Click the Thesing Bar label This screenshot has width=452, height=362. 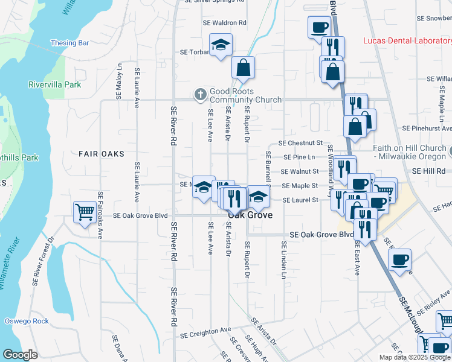tap(70, 43)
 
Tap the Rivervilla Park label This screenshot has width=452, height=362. tap(54, 84)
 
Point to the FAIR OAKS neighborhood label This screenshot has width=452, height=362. tap(102, 154)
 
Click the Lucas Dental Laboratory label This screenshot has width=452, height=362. tap(407, 41)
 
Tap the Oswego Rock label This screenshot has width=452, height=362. tap(27, 321)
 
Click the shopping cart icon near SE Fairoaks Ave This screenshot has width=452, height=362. tap(84, 212)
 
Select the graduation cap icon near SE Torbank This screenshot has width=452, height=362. tap(221, 45)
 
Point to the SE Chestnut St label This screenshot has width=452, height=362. tap(300, 144)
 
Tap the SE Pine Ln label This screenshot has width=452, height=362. tap(300, 157)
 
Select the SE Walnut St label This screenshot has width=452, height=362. tap(300, 171)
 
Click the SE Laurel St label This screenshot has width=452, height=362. tap(300, 200)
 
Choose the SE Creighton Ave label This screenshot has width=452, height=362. tap(206, 331)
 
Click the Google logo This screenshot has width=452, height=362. tap(20, 355)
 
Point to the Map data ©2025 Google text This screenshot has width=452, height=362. tap(415, 357)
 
